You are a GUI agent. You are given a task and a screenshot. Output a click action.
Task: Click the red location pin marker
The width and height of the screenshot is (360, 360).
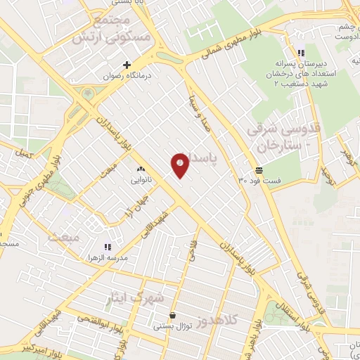pos(180,165)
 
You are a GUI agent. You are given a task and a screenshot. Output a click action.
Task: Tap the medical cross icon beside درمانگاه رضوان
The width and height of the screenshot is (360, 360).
pos(127,65)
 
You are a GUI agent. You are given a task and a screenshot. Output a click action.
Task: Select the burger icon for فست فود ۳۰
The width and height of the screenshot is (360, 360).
pos(259,170)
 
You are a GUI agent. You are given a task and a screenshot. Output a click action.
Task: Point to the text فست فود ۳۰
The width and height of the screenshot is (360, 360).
pos(259,181)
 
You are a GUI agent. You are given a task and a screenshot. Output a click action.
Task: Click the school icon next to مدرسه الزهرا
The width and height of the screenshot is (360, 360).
pos(108,247)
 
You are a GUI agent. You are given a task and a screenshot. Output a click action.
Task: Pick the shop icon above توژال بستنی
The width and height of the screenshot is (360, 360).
pos(173,316)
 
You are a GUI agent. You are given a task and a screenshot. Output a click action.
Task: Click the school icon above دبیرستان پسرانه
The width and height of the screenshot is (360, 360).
pos(301,53)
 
